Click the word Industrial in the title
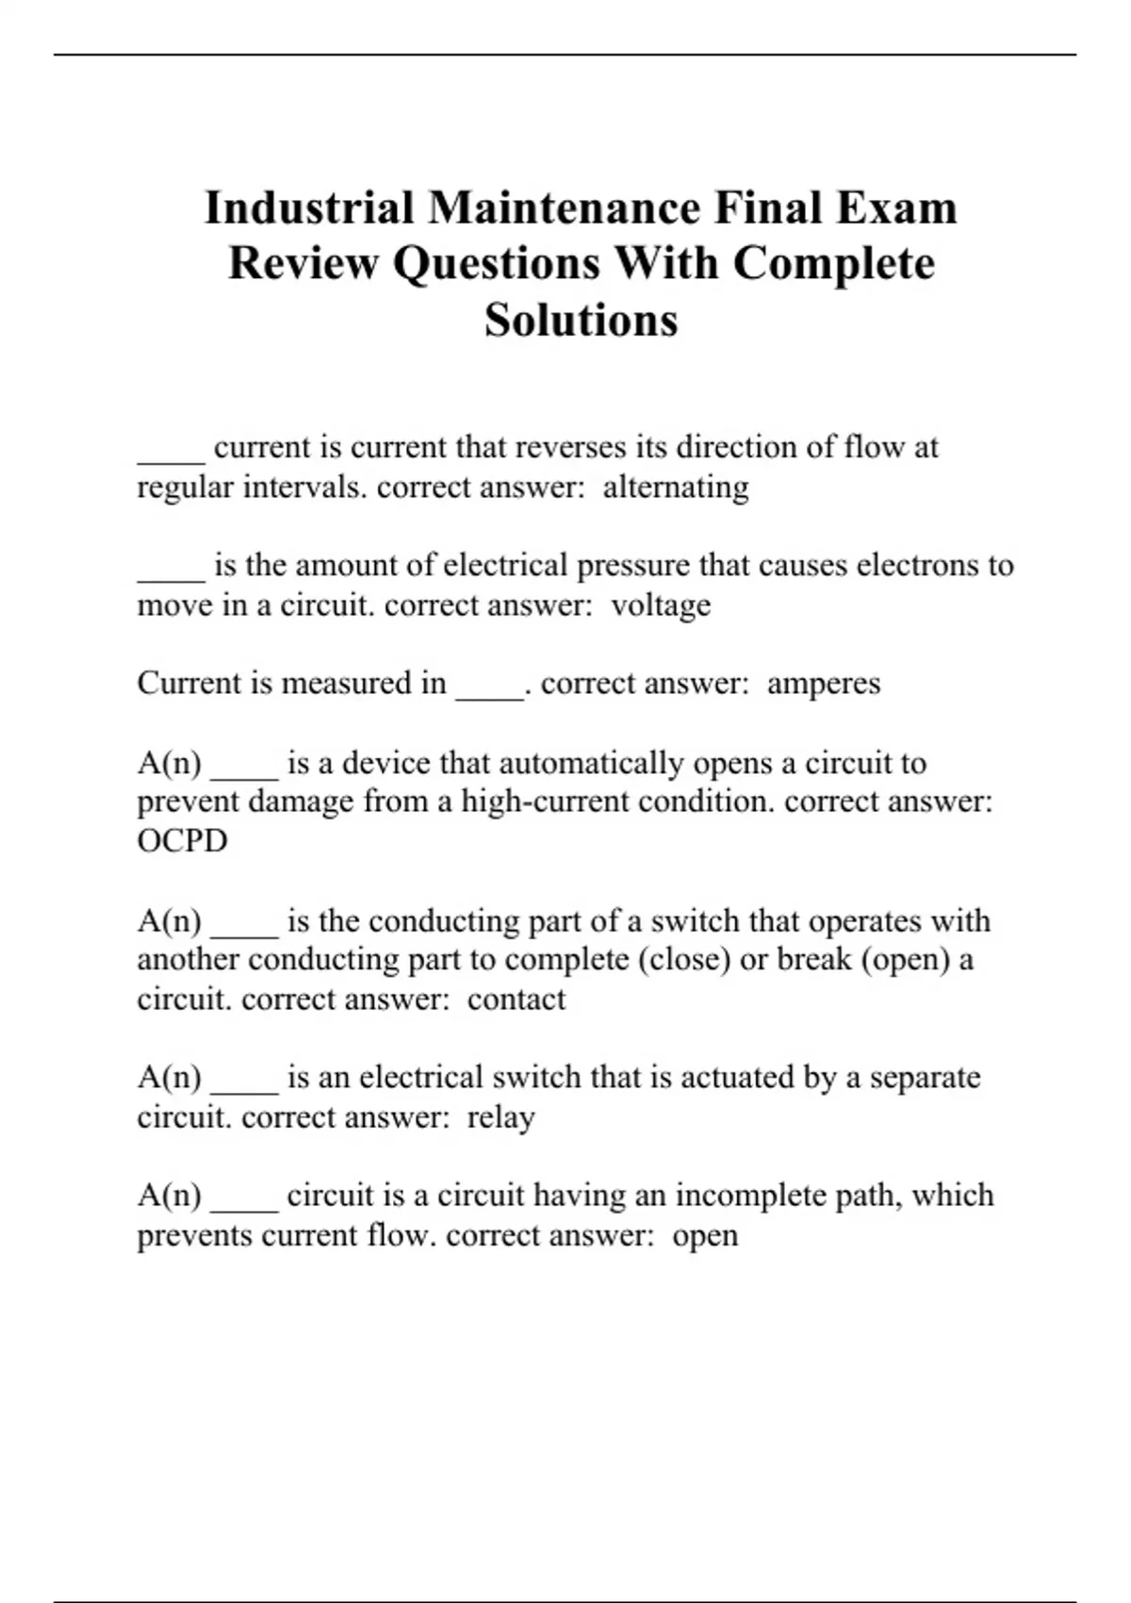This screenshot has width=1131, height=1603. (309, 207)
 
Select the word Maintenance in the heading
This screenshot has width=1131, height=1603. (564, 207)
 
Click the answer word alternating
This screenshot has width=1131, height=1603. (676, 487)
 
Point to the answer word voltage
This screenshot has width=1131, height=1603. (661, 604)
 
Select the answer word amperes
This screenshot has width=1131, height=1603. (824, 683)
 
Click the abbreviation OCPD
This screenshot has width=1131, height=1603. (183, 840)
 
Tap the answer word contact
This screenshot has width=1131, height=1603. (516, 999)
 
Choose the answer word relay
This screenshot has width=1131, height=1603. (501, 1117)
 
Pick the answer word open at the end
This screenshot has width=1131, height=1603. (705, 1235)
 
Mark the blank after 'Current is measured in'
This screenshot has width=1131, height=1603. (489, 686)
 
